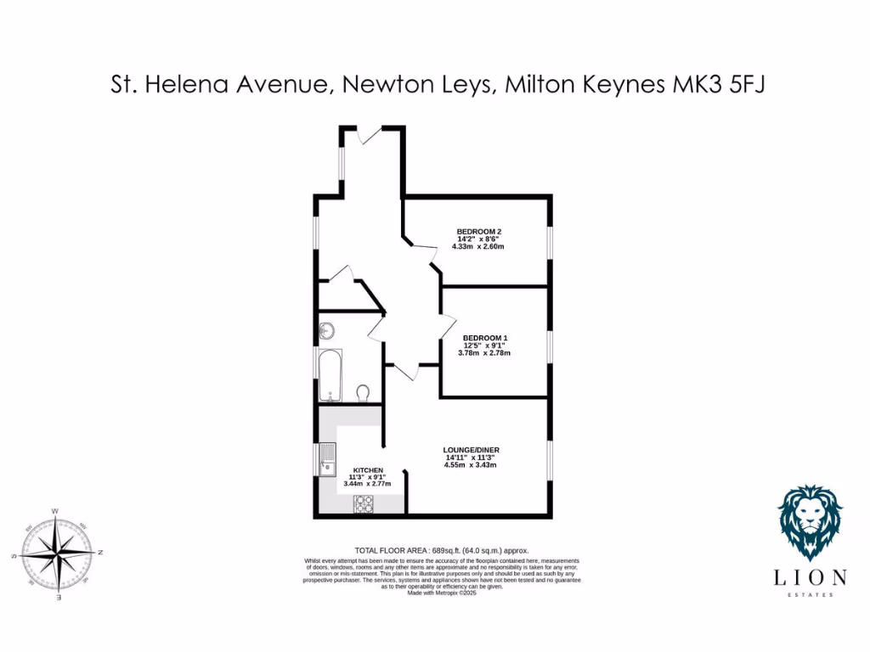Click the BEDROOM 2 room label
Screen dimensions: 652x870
coord(479,232)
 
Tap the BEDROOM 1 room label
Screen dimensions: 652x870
coord(484,337)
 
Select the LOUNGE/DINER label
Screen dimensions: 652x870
coord(471,449)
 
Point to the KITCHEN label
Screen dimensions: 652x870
coord(368,470)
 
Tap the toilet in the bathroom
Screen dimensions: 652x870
coord(363,392)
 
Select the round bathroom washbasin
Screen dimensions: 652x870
coord(328,331)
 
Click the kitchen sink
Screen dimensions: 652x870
coord(327,458)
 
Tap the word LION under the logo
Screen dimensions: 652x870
coord(810,578)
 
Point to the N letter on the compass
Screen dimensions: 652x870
coord(99,553)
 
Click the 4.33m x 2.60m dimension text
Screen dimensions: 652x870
coord(479,247)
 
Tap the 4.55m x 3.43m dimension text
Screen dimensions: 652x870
coord(470,465)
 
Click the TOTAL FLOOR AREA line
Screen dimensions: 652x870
coord(441,551)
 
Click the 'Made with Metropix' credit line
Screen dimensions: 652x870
coord(441,593)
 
